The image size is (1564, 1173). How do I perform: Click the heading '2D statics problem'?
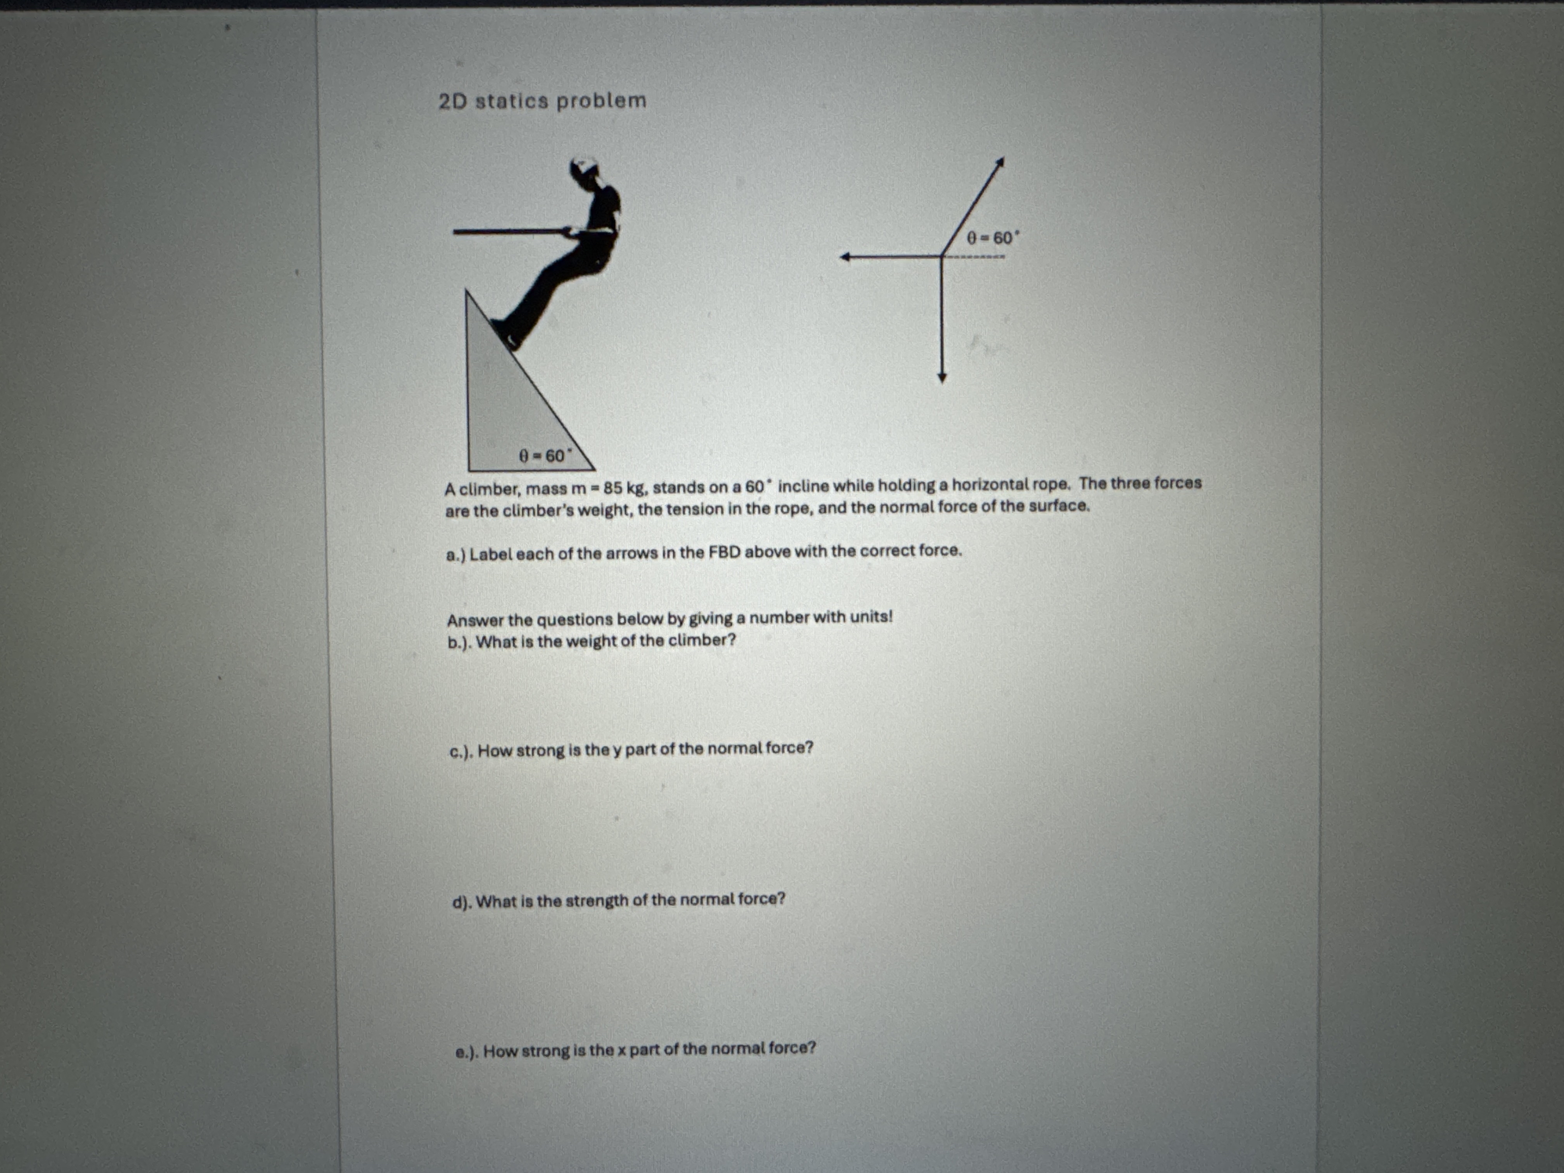click(542, 101)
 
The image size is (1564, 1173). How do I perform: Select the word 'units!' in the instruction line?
click(871, 616)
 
